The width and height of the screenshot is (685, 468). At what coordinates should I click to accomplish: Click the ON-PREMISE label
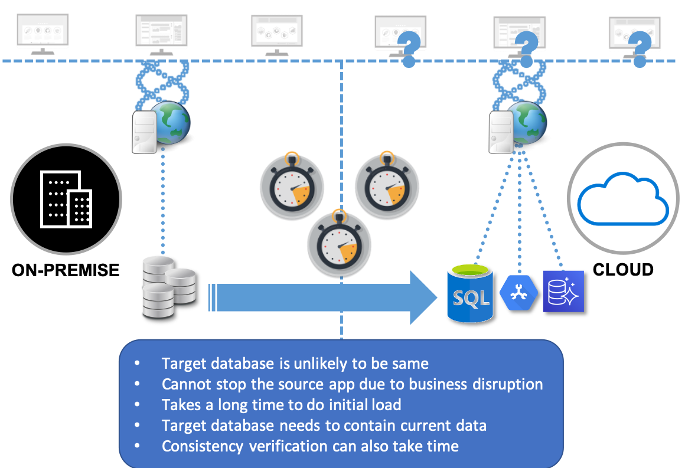tap(66, 270)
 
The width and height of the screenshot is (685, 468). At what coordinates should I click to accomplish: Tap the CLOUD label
tap(623, 269)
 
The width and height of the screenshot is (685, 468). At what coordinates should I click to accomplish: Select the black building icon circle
tap(66, 199)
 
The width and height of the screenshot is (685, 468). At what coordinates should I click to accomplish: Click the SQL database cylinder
tap(471, 293)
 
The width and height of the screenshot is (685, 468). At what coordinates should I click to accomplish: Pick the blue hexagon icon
tap(518, 293)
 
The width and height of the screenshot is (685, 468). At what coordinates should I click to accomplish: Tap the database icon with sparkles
tap(563, 291)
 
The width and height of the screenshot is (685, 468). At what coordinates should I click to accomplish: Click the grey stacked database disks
tap(169, 287)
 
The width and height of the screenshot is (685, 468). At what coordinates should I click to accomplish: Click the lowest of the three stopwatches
tap(340, 244)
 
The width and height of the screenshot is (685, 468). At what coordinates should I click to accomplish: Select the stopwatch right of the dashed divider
tap(387, 185)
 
